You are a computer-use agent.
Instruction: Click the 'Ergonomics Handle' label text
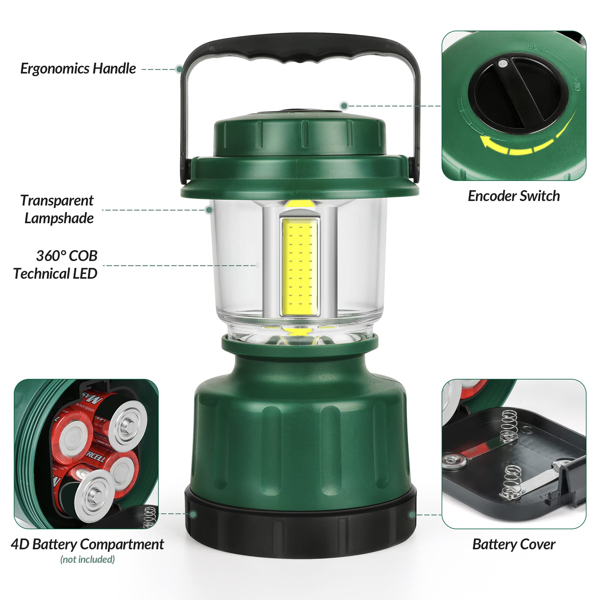[x=78, y=69]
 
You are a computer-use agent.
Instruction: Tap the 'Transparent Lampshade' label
[x=57, y=209]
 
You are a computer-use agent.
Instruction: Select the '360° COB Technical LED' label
[x=56, y=265]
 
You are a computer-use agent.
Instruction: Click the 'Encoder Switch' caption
[x=514, y=196]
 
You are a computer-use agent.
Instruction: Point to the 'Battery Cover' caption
[x=514, y=544]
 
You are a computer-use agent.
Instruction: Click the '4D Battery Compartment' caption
[x=87, y=544]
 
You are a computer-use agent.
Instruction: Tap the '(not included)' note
[x=87, y=559]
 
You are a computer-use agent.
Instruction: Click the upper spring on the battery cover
[x=509, y=425]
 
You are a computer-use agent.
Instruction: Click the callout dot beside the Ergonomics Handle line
[x=179, y=69]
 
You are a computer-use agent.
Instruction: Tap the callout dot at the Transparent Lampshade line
[x=209, y=210]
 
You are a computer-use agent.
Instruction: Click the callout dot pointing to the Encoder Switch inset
[x=344, y=106]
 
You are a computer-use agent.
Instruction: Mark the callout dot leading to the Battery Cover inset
[x=412, y=515]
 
